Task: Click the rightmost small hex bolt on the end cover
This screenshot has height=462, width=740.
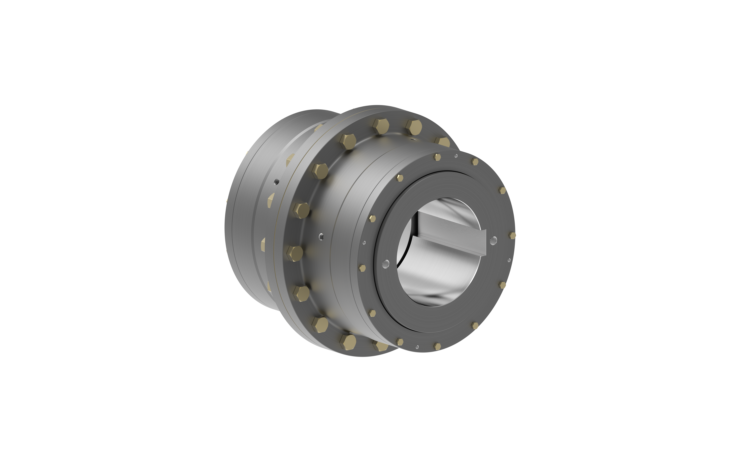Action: pos(512,235)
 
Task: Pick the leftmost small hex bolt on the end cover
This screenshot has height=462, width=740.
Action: pos(362,268)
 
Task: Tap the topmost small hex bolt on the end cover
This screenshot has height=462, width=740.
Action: pos(437,157)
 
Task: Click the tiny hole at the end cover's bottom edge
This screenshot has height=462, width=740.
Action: pos(417,347)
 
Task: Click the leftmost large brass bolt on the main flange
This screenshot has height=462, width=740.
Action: pos(295,254)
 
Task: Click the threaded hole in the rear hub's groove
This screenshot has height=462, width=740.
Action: pos(277,182)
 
